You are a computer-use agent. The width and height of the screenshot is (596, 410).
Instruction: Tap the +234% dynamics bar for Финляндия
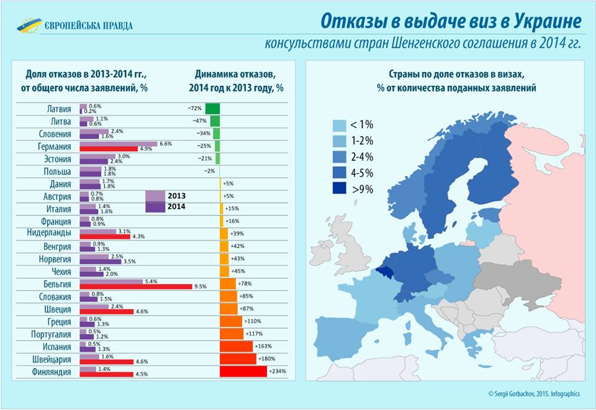[243, 371]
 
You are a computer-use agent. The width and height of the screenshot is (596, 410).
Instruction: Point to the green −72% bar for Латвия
[212, 108]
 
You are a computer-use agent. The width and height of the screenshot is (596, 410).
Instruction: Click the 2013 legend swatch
[155, 196]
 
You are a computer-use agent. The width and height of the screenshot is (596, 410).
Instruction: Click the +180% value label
[266, 359]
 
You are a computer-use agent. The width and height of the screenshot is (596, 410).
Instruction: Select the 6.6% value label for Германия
[166, 143]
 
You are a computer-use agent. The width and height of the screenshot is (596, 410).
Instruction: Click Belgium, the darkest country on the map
[384, 271]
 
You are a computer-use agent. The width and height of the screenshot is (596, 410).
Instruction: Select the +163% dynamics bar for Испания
[236, 346]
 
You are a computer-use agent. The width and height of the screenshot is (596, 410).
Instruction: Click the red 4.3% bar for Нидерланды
[104, 236]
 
